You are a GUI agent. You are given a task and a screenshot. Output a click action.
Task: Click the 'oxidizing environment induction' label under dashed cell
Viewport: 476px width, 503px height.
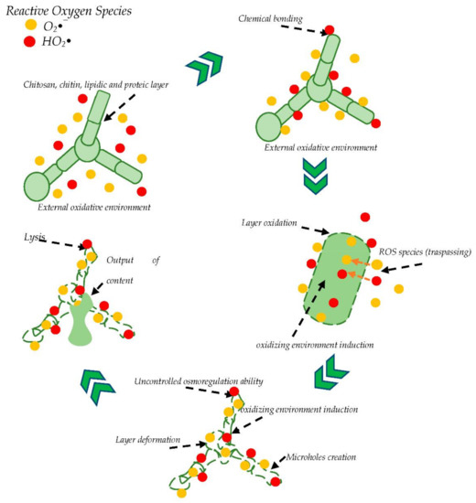click(x=319, y=346)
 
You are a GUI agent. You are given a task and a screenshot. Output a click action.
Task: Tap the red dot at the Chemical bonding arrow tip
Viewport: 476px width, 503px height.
click(x=330, y=32)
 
